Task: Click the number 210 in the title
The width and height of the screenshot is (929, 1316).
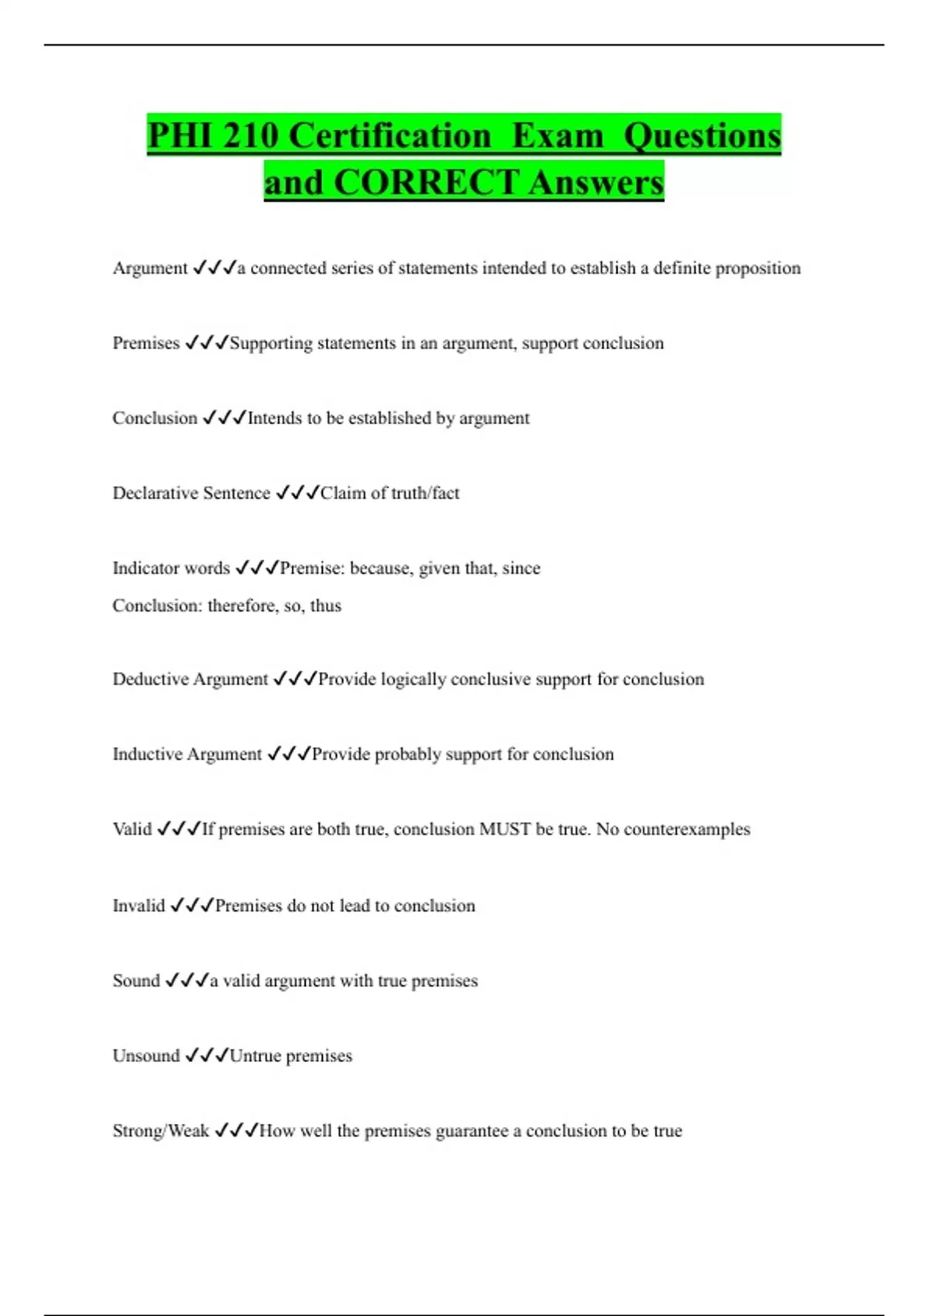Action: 250,135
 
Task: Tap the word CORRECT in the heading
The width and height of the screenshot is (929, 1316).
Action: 426,183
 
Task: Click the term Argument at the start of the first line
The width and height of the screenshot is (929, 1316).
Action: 150,268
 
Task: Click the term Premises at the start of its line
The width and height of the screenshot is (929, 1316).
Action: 146,343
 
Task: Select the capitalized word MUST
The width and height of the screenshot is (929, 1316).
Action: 505,829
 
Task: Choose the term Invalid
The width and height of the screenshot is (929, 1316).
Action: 139,906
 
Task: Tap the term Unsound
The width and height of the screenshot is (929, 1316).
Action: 146,1056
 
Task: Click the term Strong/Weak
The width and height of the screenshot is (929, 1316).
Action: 161,1131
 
